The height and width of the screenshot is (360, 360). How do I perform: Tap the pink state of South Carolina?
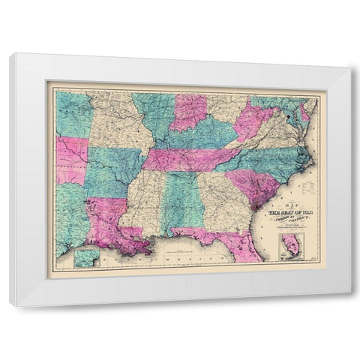click(x=247, y=184)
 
